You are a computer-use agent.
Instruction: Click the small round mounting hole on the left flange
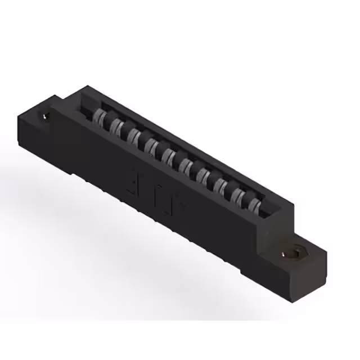click(x=44, y=116)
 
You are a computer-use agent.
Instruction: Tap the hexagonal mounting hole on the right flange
click(x=294, y=254)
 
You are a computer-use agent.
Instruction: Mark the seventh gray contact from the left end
click(x=204, y=176)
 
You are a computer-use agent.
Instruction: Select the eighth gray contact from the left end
click(x=221, y=186)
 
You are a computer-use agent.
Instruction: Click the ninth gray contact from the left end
click(x=238, y=196)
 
